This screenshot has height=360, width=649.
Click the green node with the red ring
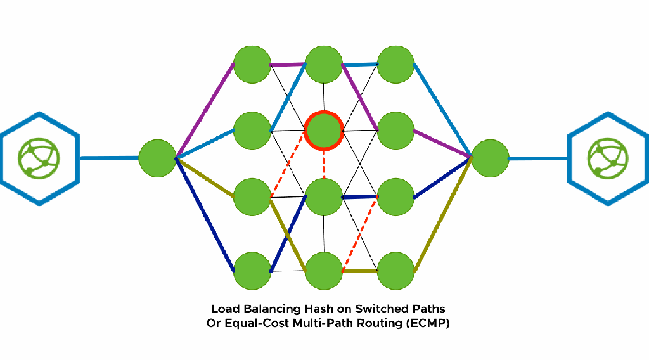click(x=324, y=131)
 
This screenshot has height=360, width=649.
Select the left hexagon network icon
click(x=40, y=158)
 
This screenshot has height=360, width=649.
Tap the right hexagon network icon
click(x=608, y=158)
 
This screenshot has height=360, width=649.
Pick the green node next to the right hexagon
click(x=490, y=158)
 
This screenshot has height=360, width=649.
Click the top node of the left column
click(x=252, y=64)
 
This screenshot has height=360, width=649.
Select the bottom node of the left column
click(x=252, y=271)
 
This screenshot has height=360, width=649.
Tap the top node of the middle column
click(x=324, y=64)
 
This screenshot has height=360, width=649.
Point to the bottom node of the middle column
click(x=324, y=271)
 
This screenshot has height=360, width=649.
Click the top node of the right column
click(x=396, y=64)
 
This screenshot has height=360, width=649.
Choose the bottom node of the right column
click(x=396, y=271)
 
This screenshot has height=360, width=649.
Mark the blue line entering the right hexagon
click(x=537, y=158)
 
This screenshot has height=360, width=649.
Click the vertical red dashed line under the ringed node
click(x=324, y=164)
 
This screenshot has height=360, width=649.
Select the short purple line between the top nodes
click(x=288, y=65)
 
